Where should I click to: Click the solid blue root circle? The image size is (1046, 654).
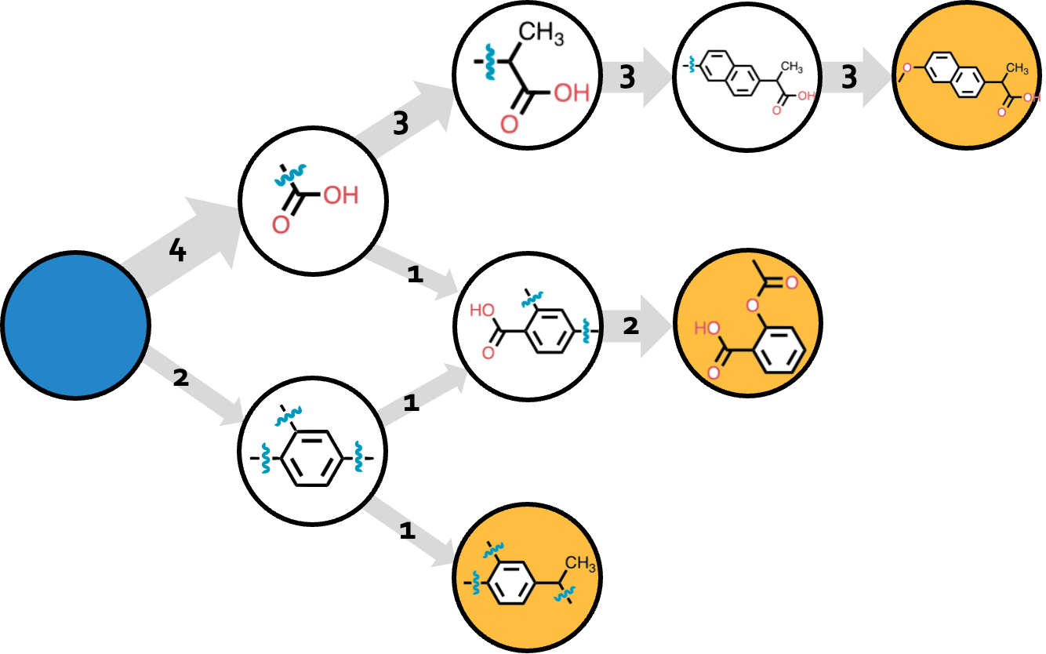[x=75, y=325]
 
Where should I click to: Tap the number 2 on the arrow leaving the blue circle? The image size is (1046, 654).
[x=181, y=378]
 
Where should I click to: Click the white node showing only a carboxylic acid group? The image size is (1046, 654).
[x=313, y=202]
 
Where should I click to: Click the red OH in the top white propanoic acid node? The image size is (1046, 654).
[x=571, y=94]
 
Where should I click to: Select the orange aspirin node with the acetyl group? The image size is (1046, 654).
[x=747, y=323]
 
